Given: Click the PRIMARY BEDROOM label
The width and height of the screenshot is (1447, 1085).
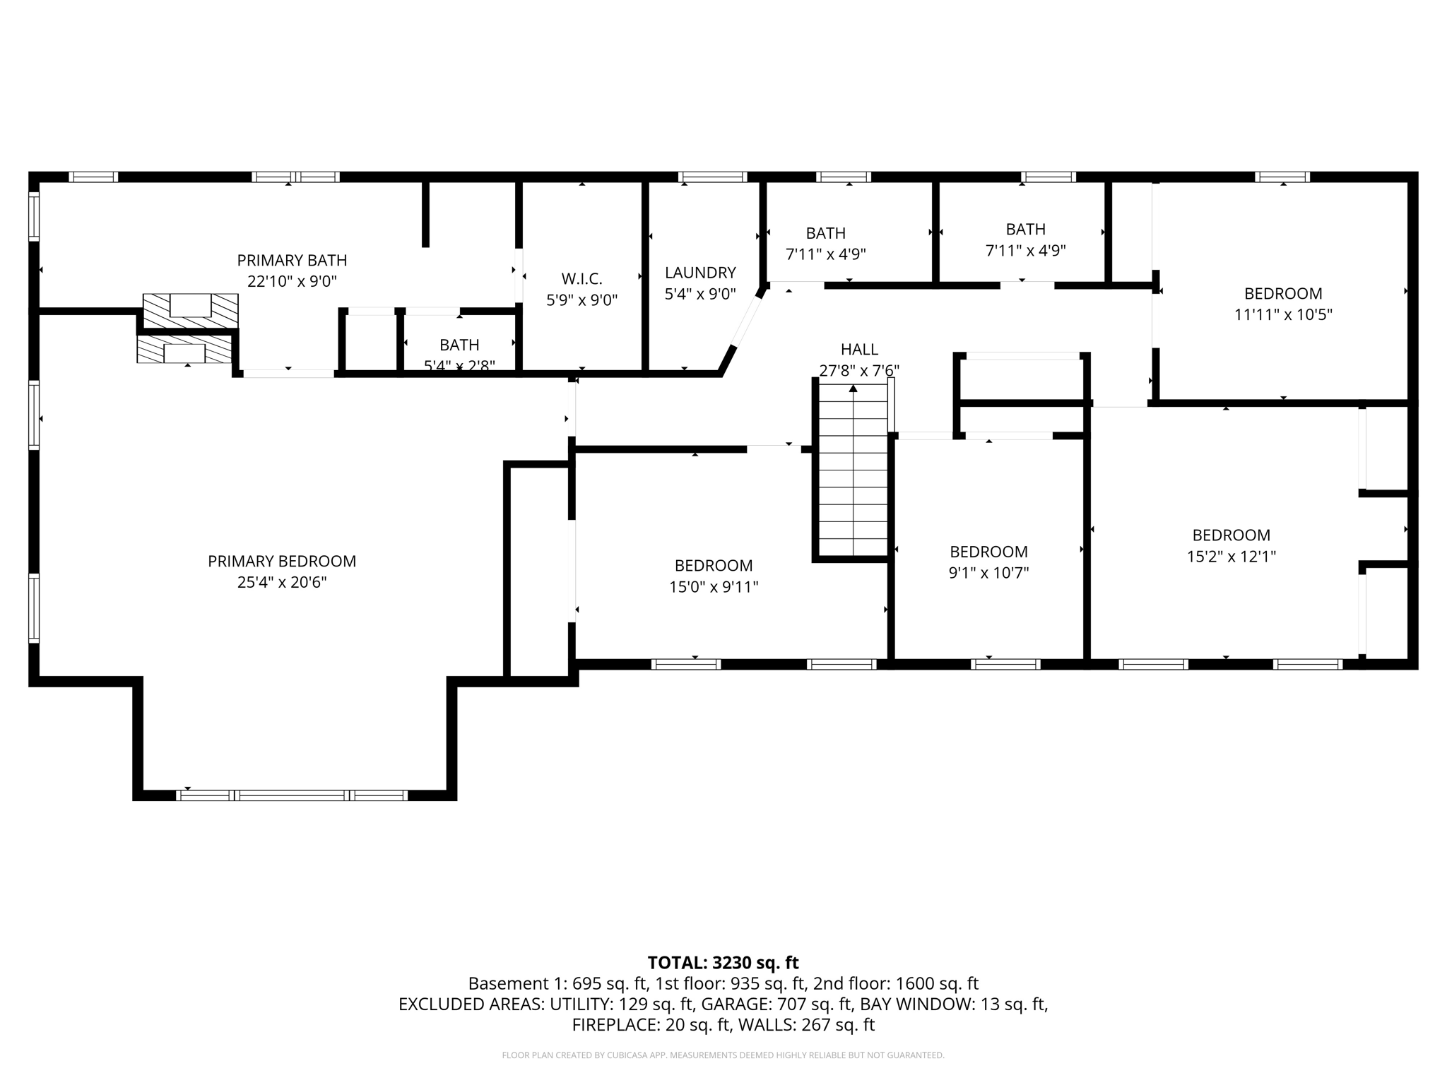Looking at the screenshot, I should point(282,562).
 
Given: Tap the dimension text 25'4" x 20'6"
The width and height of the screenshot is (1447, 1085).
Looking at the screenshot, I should point(282,583).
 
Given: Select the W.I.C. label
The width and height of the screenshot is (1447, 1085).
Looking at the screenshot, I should point(581,279).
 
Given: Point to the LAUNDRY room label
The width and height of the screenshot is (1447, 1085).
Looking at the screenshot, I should point(700,273).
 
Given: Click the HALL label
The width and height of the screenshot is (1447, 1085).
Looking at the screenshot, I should point(859,349).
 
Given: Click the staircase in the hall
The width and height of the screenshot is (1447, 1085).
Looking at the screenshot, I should point(853,470).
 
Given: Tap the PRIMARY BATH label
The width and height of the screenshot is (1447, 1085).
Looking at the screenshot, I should point(292,261).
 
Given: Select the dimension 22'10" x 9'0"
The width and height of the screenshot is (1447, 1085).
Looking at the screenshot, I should point(292,281).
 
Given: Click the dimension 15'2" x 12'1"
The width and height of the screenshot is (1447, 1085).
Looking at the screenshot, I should point(1231,557).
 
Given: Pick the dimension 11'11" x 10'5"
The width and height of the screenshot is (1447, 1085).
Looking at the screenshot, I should point(1282,315).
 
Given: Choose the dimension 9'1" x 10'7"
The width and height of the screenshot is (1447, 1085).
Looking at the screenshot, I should point(988,573).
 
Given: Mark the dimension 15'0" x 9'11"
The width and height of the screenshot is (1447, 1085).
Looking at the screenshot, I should point(714,587).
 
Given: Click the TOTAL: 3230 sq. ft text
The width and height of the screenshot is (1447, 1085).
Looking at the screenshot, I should point(723,963).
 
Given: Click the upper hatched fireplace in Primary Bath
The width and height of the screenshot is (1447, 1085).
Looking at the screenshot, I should point(191,311).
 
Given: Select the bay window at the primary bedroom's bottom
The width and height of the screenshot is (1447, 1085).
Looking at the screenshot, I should point(292,795).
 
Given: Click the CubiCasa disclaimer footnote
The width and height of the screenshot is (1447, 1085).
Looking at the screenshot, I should point(723,1055).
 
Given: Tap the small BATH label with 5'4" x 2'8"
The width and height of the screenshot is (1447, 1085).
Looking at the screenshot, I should point(459,345).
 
